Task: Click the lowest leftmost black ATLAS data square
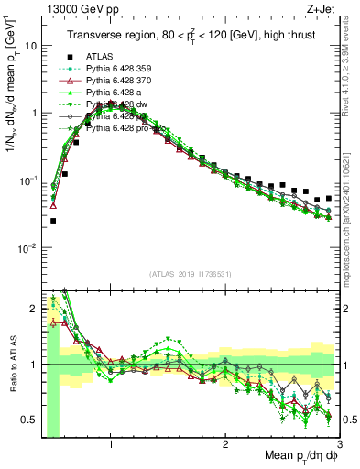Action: point(53,221)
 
